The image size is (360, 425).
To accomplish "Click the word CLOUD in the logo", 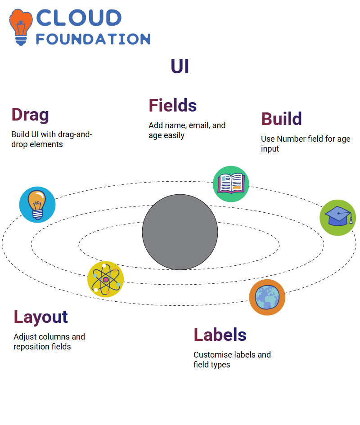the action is (79, 18).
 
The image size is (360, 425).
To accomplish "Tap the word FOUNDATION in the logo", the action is (93, 39).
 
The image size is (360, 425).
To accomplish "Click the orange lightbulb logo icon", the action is (21, 27).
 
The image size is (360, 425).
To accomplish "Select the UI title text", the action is (180, 67).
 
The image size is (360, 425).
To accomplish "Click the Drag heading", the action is (30, 115).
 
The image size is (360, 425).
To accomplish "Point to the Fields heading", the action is (172, 105).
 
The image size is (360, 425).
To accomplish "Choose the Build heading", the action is (281, 119).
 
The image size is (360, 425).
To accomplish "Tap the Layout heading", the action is (40, 317).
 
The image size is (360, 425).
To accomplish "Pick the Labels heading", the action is (220, 335).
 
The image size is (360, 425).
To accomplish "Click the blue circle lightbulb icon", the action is (37, 205).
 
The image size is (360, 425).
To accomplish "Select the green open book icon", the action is (231, 184).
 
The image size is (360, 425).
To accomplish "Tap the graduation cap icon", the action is (338, 218).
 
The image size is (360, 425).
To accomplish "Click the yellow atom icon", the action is (106, 279).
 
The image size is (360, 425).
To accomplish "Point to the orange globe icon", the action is (267, 297).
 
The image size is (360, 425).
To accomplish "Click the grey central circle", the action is (180, 232).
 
